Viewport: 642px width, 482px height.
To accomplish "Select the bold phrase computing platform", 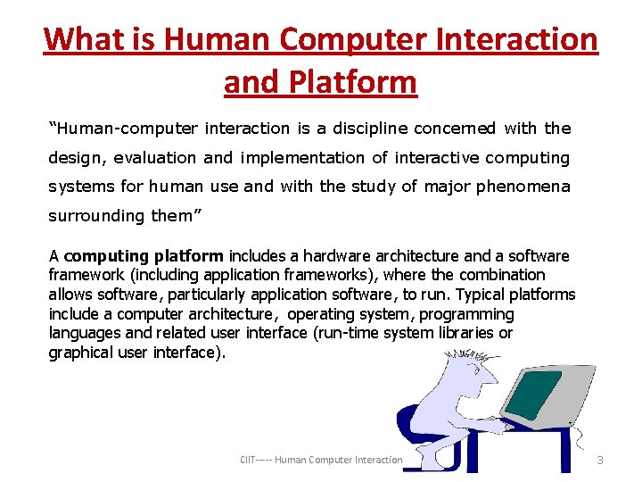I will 144,256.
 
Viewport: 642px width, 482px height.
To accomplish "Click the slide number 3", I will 600,460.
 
